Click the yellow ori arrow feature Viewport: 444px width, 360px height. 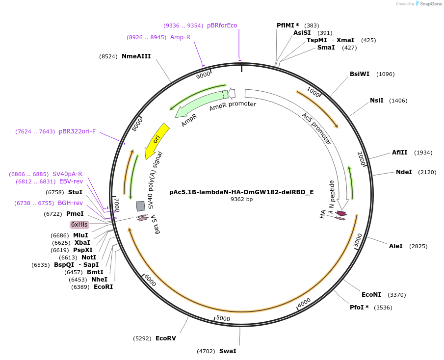pyautogui.click(x=157, y=140)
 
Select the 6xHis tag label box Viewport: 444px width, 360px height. pyautogui.click(x=79, y=225)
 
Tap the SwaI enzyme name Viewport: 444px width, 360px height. pyautogui.click(x=228, y=351)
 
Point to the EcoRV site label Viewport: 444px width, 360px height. pyautogui.click(x=166, y=338)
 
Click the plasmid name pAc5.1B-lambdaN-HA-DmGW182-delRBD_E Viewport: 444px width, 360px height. pyautogui.click(x=241, y=192)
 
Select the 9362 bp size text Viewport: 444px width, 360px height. pyautogui.click(x=241, y=199)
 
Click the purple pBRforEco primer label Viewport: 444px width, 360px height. pyautogui.click(x=222, y=26)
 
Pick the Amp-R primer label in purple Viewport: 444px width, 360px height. pyautogui.click(x=180, y=37)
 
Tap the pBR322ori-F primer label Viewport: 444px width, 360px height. pyautogui.click(x=77, y=131)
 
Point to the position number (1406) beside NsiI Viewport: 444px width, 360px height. pyautogui.click(x=398, y=101)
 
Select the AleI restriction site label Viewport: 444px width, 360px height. pyautogui.click(x=395, y=246)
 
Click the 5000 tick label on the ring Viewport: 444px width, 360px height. pyautogui.click(x=223, y=318)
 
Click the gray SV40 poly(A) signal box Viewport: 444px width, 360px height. pyautogui.click(x=140, y=206)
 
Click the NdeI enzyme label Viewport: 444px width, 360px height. pyautogui.click(x=404, y=172)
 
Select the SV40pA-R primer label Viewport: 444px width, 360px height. pyautogui.click(x=67, y=174)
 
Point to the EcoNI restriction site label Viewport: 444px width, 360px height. pyautogui.click(x=371, y=295)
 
